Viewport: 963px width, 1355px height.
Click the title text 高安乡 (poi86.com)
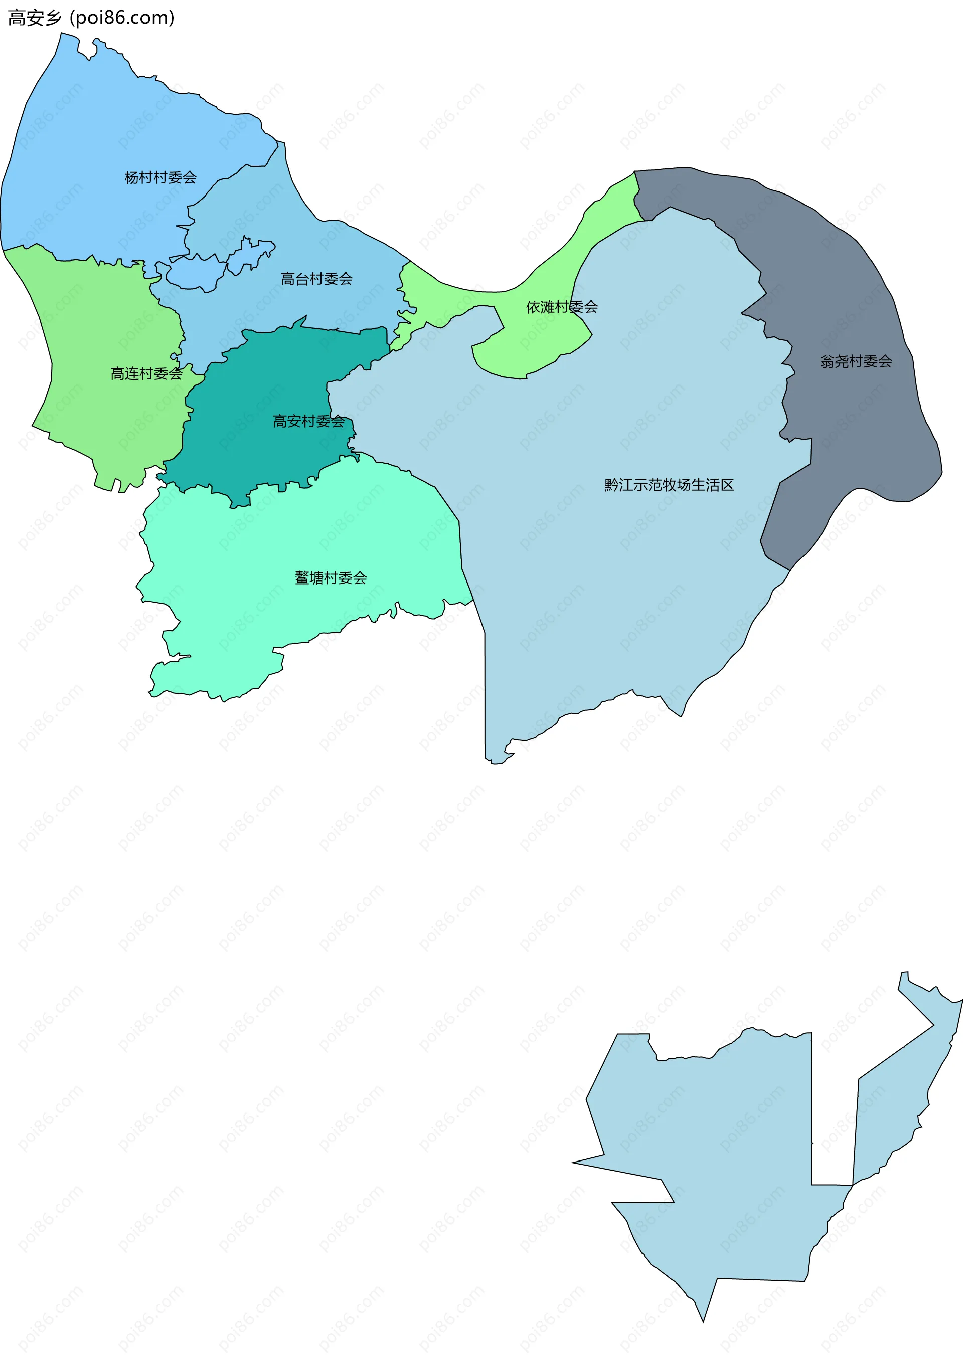pos(91,18)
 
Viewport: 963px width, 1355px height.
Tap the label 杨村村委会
pos(160,177)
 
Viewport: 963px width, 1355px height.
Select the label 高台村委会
pos(316,279)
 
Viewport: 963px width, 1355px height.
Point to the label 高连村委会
pos(146,373)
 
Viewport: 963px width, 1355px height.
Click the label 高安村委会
pos(308,421)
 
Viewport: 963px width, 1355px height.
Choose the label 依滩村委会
pos(562,306)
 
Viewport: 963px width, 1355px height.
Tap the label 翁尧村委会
pos(856,361)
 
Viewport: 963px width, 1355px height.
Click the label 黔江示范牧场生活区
pos(669,485)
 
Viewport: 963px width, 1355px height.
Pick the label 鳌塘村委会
pos(331,577)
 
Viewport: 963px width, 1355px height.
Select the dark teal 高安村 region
pos(267,451)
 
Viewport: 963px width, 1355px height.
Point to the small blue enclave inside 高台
pos(196,273)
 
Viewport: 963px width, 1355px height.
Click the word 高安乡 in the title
pos(35,18)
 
